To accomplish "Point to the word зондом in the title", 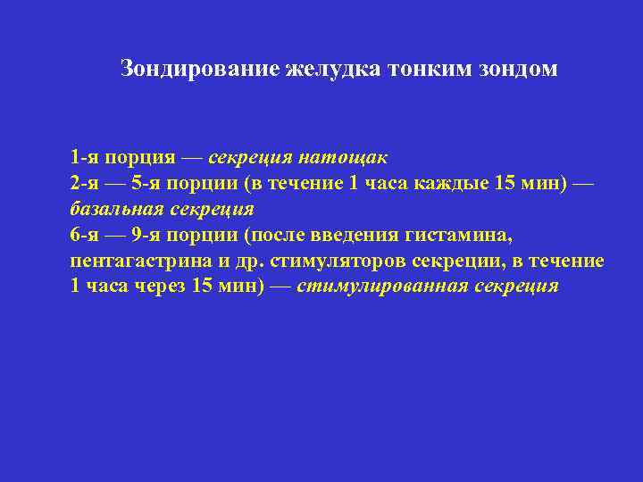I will tap(519, 69).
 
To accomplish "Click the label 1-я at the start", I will tap(85, 158).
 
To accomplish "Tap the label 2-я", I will tap(85, 184).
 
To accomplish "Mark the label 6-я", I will tap(85, 236).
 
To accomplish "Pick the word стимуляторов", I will tap(330, 262).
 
